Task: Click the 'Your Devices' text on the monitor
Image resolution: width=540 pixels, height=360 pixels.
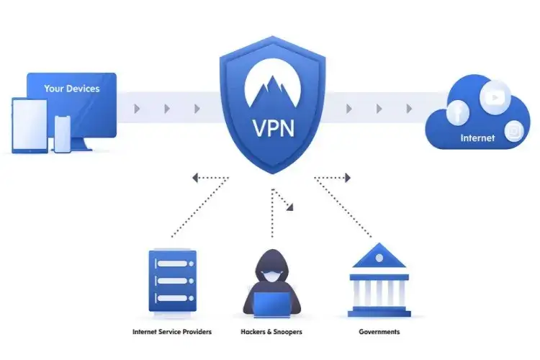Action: pos(71,89)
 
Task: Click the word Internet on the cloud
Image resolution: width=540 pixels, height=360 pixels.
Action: pos(478,138)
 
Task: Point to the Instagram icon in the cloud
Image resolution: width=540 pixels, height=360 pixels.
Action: pos(513,131)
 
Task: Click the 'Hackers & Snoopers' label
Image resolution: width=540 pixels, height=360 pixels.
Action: pos(271,332)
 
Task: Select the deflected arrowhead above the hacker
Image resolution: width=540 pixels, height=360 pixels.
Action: pos(290,208)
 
